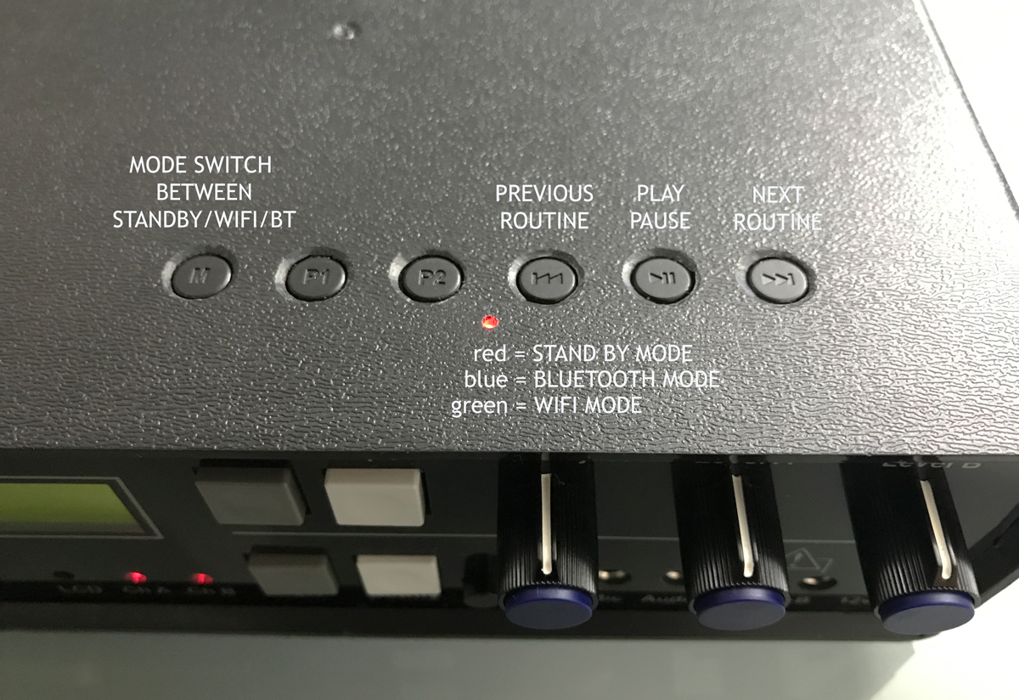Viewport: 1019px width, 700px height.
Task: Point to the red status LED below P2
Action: tap(488, 322)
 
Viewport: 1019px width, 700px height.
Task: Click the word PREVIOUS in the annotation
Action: tap(544, 194)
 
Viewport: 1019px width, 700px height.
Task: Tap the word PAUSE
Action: tap(661, 221)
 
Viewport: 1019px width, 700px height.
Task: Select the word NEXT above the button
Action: tap(777, 195)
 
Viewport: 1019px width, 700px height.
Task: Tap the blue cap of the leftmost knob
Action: tap(548, 605)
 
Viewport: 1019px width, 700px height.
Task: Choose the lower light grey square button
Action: tap(397, 575)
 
